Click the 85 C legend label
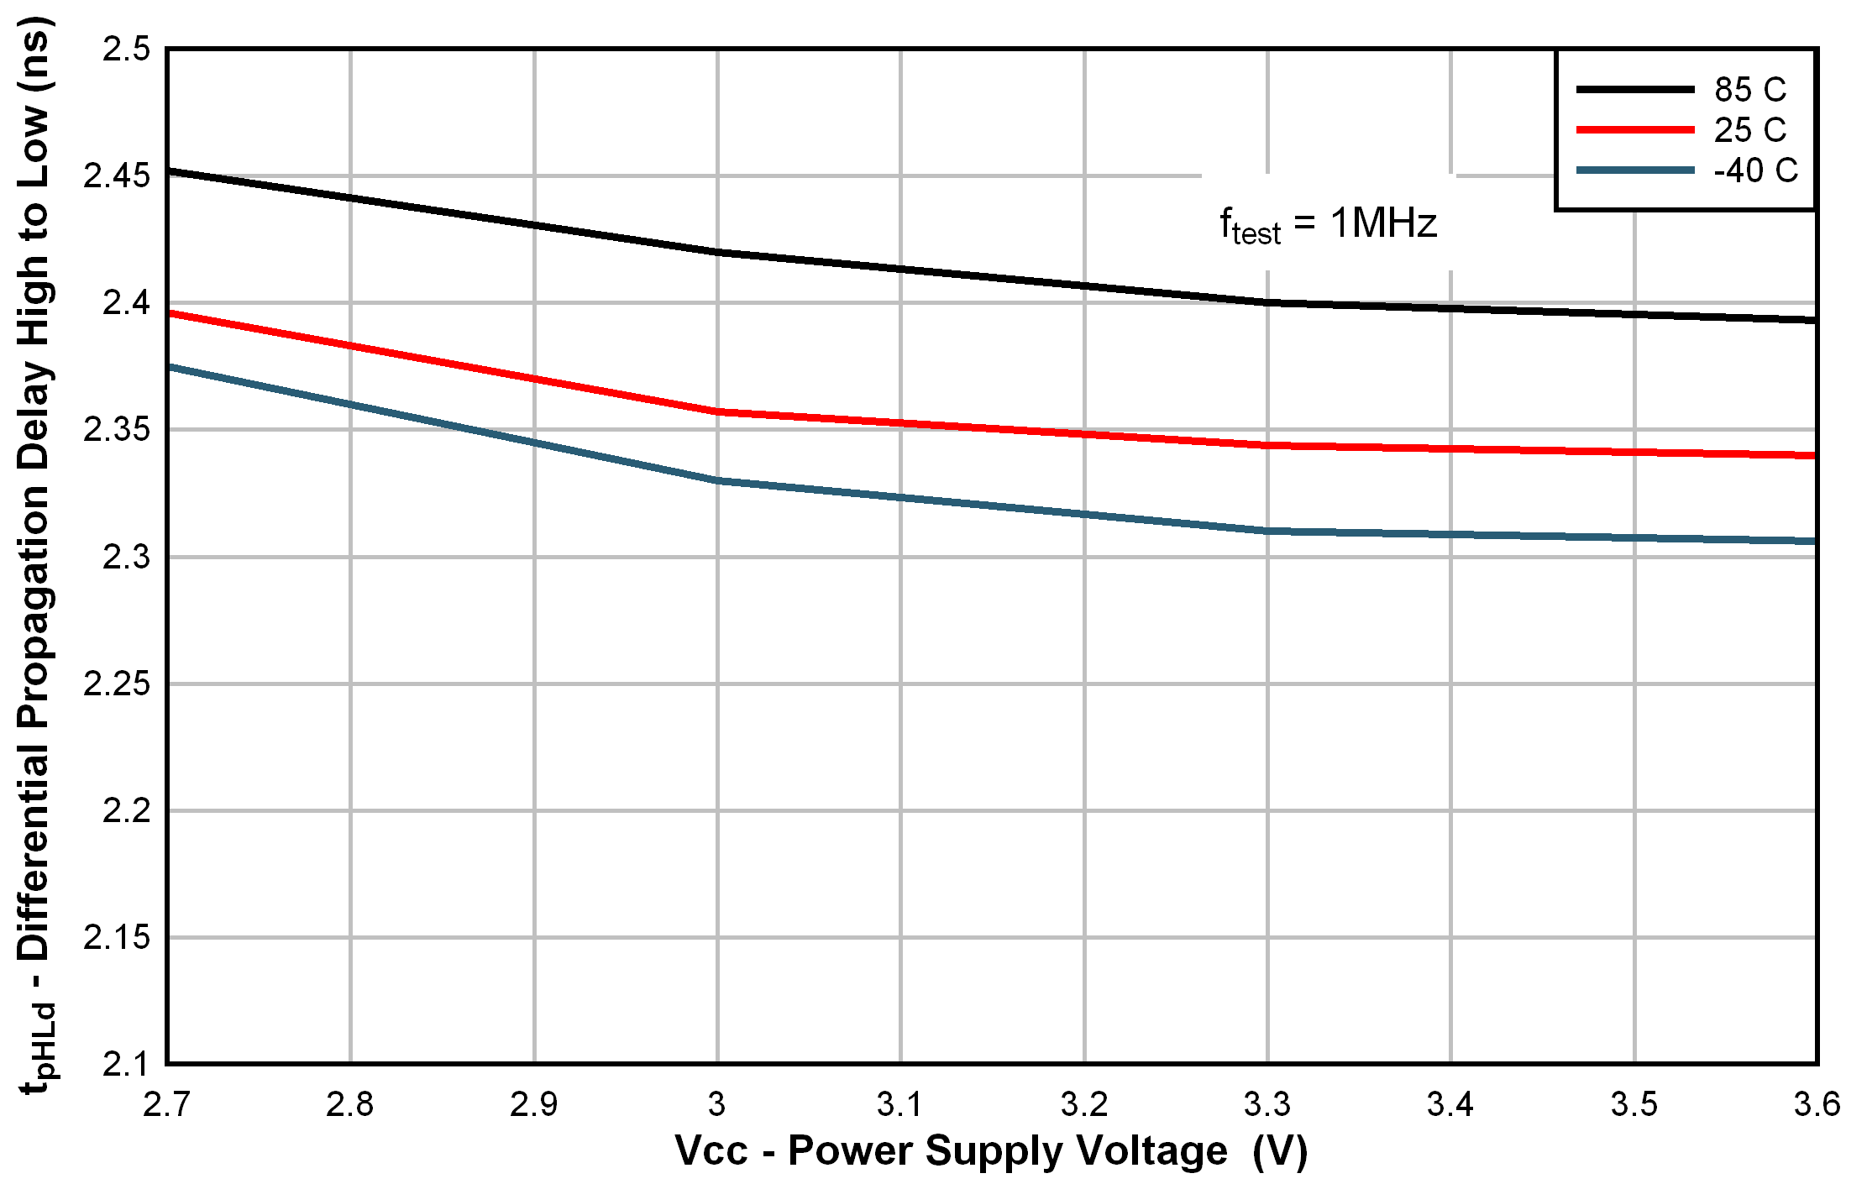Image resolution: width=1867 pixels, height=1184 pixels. pos(1750,90)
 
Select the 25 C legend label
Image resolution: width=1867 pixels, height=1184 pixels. pos(1750,130)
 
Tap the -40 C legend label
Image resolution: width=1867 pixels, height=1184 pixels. pos(1755,171)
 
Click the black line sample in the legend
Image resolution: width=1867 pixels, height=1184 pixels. pos(1634,89)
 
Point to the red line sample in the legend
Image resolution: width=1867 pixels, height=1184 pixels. pos(1634,130)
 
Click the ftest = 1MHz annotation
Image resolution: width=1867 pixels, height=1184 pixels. pos(1328,224)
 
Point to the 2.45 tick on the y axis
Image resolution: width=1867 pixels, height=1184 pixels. pos(117,176)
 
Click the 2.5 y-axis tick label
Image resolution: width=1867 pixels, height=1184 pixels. pos(127,50)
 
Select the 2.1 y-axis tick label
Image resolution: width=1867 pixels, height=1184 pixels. pos(127,1064)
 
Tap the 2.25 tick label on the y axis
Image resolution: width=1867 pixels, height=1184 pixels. pos(117,684)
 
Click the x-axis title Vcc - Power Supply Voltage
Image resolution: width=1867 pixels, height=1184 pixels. pos(991,1151)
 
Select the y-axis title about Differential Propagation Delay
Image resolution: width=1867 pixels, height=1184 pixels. pos(35,554)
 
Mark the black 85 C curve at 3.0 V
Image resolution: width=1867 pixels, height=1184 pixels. pos(717,252)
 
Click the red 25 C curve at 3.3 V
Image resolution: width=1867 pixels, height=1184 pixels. pos(1267,445)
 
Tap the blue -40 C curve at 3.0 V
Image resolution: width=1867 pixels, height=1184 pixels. pos(717,480)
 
